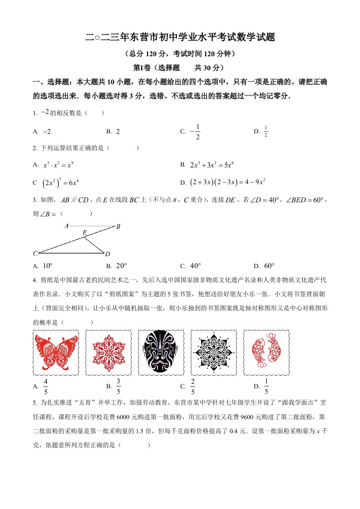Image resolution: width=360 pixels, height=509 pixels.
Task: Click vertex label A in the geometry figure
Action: [x=67, y=225]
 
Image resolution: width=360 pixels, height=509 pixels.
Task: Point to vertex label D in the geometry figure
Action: [x=108, y=253]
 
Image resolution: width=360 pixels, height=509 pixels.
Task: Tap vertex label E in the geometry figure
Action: [x=84, y=233]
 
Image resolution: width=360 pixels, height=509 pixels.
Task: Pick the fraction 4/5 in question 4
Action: [x=45, y=386]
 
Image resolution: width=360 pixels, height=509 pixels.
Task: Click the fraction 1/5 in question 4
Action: [x=266, y=386]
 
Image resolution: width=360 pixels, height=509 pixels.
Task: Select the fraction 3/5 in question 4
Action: [x=118, y=386]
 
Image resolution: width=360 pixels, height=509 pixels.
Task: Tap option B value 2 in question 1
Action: [x=118, y=132]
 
